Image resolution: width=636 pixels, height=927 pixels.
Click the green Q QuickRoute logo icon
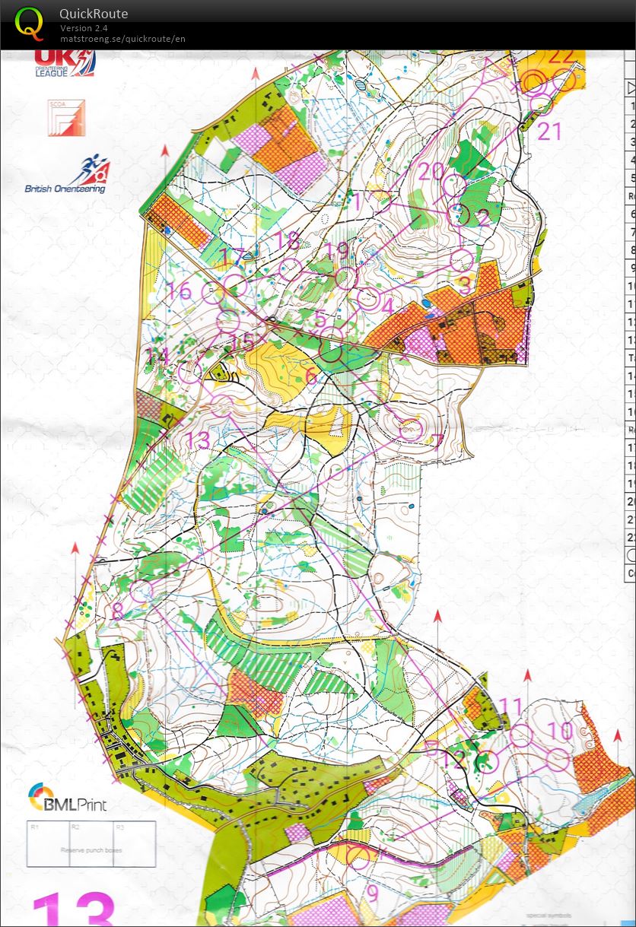click(x=29, y=22)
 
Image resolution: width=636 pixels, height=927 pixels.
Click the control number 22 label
click(x=561, y=56)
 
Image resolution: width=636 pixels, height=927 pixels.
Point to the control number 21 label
click(x=549, y=131)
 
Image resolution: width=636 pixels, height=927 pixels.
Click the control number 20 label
click(x=431, y=171)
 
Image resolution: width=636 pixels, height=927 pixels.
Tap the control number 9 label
click(x=372, y=892)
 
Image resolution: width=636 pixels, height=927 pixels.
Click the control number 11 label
click(x=511, y=707)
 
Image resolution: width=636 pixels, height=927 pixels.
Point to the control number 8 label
click(x=116, y=611)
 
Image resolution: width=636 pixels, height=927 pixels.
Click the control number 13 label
click(x=197, y=440)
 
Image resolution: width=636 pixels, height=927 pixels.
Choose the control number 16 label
click(x=180, y=291)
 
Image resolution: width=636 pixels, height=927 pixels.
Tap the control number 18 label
click(x=288, y=240)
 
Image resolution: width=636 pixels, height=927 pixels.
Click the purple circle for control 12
click(x=486, y=760)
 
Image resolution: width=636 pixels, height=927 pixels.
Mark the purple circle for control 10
click(x=558, y=759)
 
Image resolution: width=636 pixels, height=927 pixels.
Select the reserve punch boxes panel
click(x=91, y=843)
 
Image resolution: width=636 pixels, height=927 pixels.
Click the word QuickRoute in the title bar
click(x=94, y=14)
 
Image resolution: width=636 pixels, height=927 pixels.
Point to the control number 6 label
click(x=310, y=376)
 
